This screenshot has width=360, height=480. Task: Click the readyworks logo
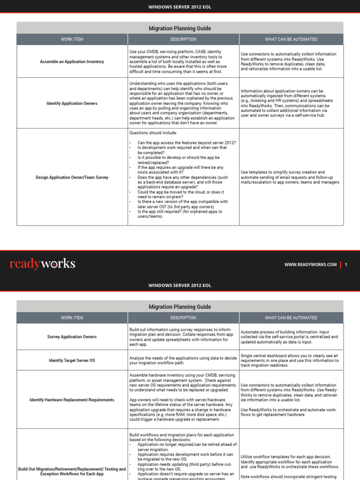click(x=42, y=264)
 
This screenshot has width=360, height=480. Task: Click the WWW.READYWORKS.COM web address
click(x=310, y=264)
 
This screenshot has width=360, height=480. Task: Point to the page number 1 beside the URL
click(x=346, y=264)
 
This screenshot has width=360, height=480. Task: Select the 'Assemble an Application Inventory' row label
click(x=72, y=61)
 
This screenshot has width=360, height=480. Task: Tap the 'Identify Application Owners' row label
click(x=72, y=103)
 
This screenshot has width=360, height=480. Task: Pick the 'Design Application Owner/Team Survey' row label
click(x=72, y=177)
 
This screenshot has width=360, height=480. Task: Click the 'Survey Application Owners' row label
click(x=72, y=337)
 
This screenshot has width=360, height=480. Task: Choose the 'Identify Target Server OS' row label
click(x=72, y=360)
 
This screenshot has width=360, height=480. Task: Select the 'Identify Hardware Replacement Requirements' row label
click(x=72, y=400)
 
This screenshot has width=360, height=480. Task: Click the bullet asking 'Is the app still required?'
click(x=180, y=214)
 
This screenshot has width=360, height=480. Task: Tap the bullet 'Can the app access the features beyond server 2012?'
click(x=187, y=142)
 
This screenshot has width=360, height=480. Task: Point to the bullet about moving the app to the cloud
click(x=180, y=195)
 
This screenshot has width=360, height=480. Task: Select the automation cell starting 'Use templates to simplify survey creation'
click(x=290, y=177)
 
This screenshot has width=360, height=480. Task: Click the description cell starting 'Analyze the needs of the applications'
click(x=183, y=360)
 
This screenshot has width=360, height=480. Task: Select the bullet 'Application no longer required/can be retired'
click(x=187, y=447)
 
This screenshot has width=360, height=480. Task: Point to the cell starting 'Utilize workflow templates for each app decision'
click(x=290, y=461)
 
